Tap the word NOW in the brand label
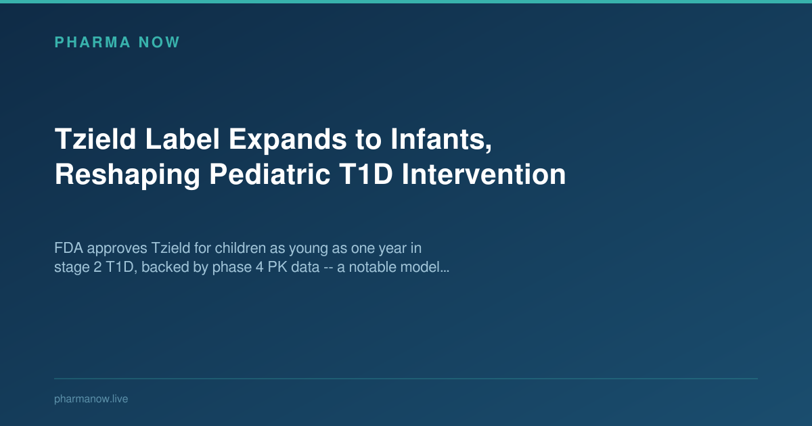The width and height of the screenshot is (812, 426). click(x=159, y=43)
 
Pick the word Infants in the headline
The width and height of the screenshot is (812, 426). click(x=436, y=140)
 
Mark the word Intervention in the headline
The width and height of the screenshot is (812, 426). click(x=484, y=174)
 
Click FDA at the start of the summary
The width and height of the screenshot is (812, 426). click(x=66, y=247)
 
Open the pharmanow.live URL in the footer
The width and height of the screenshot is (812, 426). click(x=91, y=399)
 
